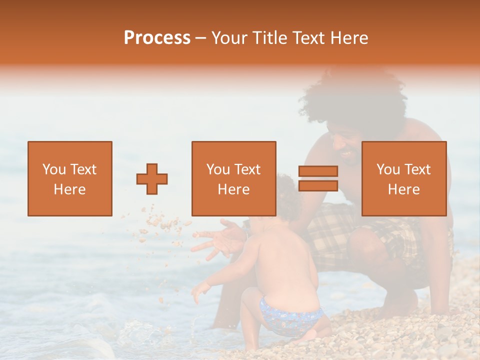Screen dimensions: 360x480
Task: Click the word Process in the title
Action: (x=157, y=38)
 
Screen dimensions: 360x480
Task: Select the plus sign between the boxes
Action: (x=152, y=179)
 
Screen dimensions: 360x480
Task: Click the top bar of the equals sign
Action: (x=318, y=171)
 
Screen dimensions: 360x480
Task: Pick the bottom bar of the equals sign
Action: (x=318, y=186)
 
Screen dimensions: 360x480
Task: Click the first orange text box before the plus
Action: (x=70, y=178)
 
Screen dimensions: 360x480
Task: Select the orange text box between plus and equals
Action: (x=233, y=178)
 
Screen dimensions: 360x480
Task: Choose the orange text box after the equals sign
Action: (x=404, y=178)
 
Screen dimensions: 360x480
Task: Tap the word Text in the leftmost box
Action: (x=83, y=169)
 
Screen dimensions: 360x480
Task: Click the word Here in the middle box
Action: (x=233, y=189)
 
